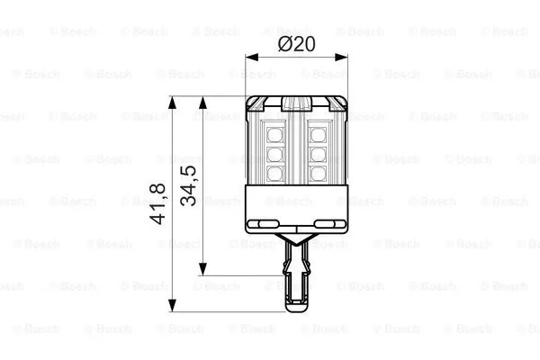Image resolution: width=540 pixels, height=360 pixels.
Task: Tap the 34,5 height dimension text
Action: [189, 184]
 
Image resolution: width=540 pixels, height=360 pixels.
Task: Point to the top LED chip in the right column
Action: [318, 135]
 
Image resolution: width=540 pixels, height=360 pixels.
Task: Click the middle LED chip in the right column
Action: [318, 153]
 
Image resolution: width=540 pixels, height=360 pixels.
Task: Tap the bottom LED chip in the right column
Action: [318, 170]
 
